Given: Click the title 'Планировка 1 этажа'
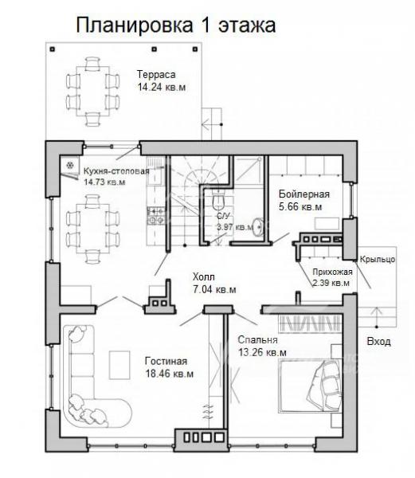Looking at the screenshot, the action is point(176,25).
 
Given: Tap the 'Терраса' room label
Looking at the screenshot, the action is point(156,74).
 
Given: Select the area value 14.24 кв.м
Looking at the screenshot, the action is point(162,87).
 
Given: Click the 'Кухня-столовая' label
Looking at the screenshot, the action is point(116,171).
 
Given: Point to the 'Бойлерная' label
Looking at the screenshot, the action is point(304,194).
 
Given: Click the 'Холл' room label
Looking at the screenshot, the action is point(204,277).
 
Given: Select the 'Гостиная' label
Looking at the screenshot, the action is point(166,361).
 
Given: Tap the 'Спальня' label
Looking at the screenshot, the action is point(257,339).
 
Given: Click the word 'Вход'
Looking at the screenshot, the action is point(378,341).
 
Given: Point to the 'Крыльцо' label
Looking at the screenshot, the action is point(378,259).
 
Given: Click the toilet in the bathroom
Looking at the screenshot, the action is point(218,199).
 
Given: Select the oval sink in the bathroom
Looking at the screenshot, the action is point(259,227).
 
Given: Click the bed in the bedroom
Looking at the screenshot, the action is point(310,386).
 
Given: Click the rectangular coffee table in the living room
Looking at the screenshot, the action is point(119,365).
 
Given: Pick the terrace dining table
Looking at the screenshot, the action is point(93,92).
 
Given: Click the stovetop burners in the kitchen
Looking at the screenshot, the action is point(155,215).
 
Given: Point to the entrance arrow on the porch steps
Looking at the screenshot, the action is point(377,317).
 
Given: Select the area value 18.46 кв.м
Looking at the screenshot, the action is point(170,374).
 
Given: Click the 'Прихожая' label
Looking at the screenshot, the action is point(332,272).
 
